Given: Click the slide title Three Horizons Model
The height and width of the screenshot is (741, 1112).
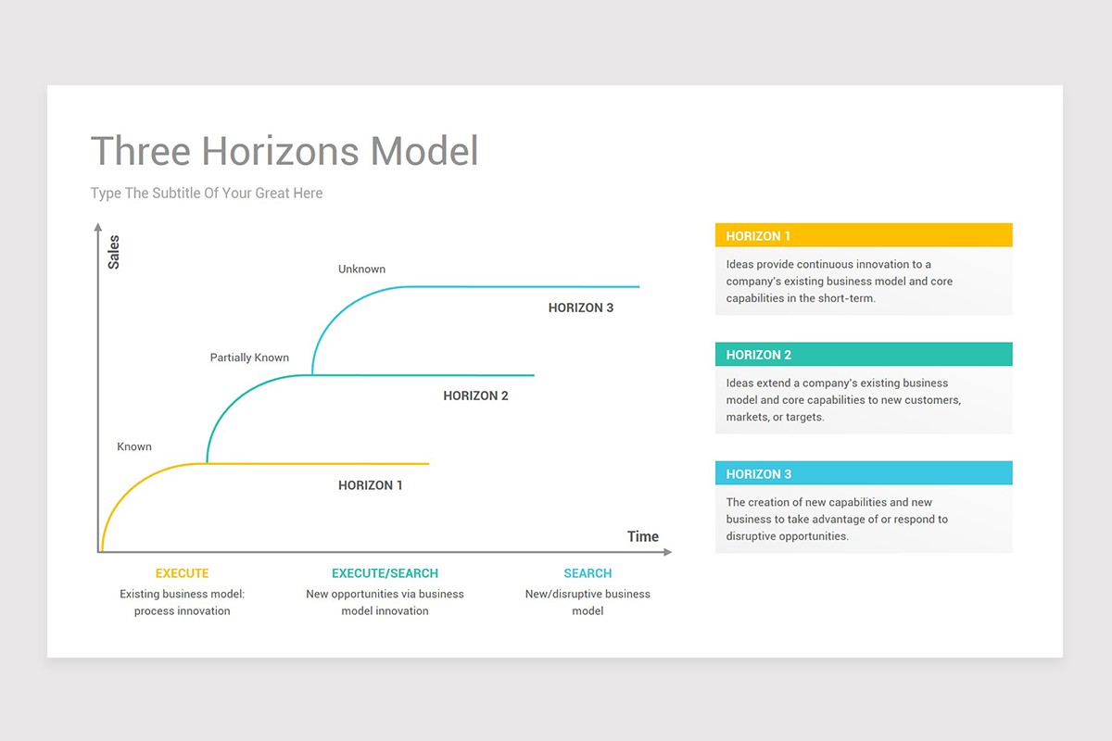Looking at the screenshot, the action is (284, 150).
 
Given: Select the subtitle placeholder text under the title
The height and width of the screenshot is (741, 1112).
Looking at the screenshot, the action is (207, 193).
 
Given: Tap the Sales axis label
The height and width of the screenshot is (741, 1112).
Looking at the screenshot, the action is (114, 252).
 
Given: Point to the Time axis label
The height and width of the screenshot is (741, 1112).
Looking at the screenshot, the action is (643, 536).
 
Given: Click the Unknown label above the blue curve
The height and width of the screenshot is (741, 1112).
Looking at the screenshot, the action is (362, 269).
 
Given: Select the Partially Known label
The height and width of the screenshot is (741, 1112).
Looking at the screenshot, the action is (249, 358).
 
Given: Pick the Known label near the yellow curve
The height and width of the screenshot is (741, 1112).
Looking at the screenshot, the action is (134, 446).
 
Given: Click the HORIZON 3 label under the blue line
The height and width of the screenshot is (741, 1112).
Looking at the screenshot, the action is (581, 308).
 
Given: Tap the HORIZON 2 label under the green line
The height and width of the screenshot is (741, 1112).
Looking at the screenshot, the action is (475, 396).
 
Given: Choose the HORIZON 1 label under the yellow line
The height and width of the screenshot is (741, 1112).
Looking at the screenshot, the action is (371, 485).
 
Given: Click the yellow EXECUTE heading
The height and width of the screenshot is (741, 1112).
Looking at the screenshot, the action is (183, 573).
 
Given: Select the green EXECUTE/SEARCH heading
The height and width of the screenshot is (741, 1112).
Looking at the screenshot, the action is (385, 573).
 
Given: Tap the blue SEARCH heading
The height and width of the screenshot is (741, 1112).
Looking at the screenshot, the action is (588, 573).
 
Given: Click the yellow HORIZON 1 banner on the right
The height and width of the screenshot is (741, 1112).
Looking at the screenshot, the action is (864, 235).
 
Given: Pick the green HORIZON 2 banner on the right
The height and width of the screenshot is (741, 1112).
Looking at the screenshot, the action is (864, 354).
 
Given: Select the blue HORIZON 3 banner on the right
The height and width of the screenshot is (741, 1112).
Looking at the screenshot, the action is (864, 473).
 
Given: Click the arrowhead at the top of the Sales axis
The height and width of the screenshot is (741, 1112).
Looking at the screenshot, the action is (98, 227).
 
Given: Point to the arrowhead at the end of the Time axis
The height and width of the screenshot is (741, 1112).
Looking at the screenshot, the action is (668, 552).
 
